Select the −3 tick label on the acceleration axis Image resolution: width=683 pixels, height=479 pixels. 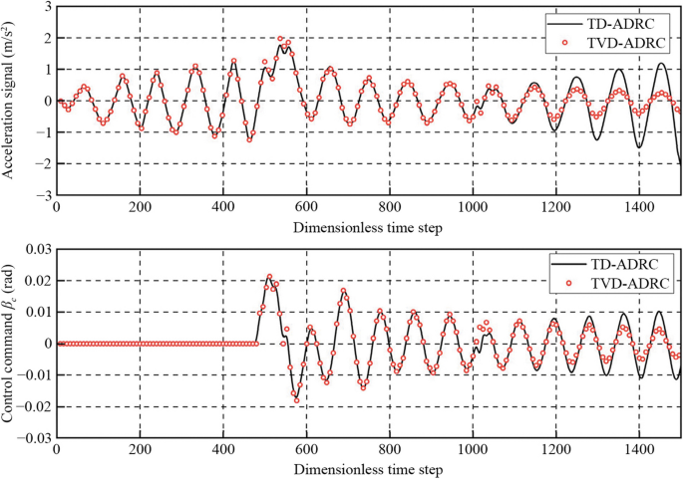click(x=42, y=195)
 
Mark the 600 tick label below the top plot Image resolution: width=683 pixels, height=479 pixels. click(x=306, y=208)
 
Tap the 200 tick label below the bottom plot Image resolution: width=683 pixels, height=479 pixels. click(x=141, y=451)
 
